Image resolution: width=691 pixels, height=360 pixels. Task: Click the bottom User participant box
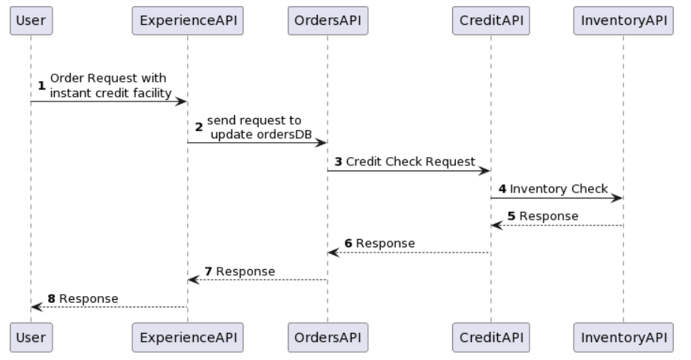[31, 337]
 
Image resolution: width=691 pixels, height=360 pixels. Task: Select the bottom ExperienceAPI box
[188, 337]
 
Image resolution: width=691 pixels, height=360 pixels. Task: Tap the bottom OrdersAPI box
[327, 337]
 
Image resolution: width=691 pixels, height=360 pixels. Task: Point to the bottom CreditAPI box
[490, 337]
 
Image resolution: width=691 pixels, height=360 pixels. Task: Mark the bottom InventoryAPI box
[623, 337]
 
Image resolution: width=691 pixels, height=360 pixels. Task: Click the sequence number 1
[42, 86]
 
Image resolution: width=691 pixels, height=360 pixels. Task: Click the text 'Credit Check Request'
[410, 162]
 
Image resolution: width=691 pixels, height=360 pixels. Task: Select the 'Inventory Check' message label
[558, 189]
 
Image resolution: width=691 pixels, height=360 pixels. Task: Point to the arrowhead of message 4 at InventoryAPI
[617, 198]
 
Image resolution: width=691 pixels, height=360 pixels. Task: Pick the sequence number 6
[349, 244]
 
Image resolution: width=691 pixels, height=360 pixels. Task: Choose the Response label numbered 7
[246, 271]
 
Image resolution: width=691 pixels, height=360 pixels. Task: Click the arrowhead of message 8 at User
[36, 307]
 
